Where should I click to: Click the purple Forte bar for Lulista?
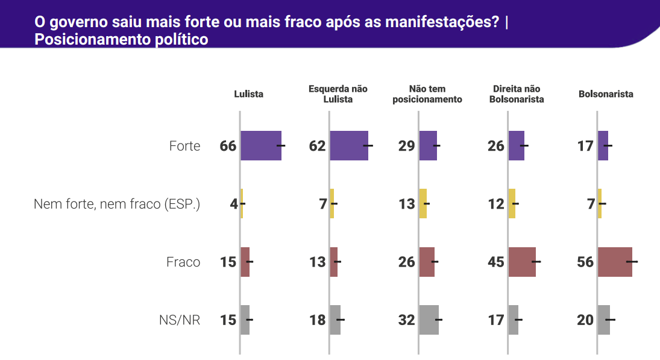(261, 145)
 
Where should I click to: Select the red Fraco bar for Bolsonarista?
(615, 262)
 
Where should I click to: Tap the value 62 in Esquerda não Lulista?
(318, 146)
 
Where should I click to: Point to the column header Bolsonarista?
(606, 94)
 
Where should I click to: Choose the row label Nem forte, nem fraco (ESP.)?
(117, 204)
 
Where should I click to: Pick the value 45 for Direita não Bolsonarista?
(496, 262)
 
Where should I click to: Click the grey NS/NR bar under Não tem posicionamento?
(429, 320)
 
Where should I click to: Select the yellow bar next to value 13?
(423, 204)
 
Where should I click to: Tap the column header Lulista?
(249, 94)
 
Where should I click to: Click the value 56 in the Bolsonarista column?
(585, 262)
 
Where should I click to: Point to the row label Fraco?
(183, 262)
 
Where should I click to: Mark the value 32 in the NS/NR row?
(407, 320)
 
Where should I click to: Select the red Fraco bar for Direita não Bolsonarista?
(522, 262)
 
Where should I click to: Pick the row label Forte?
(184, 146)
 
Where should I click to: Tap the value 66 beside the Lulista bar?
(228, 146)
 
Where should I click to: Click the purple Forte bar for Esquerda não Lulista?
(349, 145)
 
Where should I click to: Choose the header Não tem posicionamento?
(427, 94)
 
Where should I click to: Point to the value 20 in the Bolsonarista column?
(585, 320)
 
